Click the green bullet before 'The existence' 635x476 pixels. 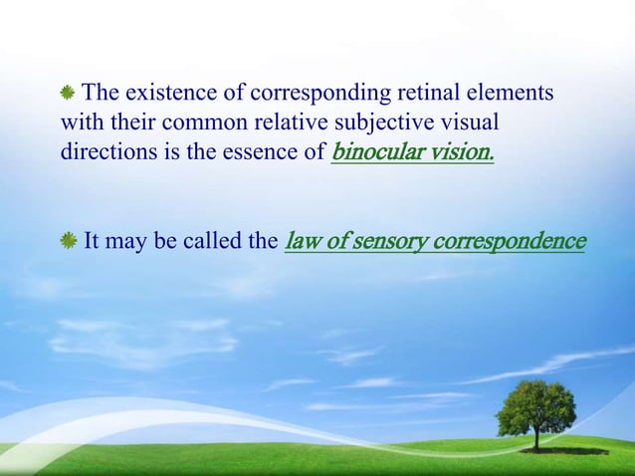69,95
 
